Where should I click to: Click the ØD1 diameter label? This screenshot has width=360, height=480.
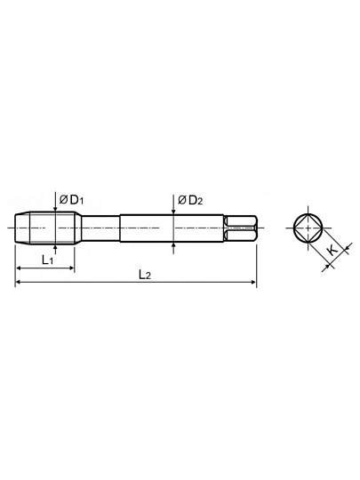(x=71, y=200)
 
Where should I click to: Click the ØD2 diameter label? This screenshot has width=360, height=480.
(x=190, y=200)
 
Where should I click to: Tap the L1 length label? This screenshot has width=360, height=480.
(x=47, y=260)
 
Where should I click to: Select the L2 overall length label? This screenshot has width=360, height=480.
(x=145, y=275)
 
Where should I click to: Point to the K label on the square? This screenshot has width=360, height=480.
(x=332, y=250)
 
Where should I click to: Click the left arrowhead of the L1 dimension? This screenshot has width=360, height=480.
(x=19, y=268)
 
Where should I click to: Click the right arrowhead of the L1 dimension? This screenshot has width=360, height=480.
(x=72, y=268)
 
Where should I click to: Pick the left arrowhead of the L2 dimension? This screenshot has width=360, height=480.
(x=19, y=282)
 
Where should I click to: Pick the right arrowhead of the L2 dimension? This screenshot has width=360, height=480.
(x=253, y=282)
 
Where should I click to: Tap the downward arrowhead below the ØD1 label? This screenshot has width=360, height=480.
(x=55, y=209)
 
